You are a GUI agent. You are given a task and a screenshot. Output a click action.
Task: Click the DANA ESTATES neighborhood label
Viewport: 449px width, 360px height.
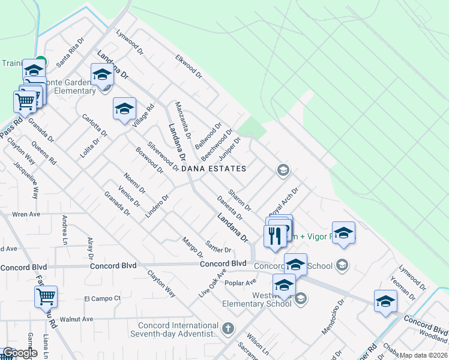(x=215, y=169)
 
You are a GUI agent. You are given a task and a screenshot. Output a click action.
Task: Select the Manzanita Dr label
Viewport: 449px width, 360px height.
(x=182, y=118)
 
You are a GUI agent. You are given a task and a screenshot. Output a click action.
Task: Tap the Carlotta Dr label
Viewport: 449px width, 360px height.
(x=95, y=125)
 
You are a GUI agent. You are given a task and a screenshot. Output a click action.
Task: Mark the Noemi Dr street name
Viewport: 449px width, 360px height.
(x=134, y=182)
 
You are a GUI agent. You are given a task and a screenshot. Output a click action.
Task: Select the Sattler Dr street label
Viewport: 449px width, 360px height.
(x=218, y=246)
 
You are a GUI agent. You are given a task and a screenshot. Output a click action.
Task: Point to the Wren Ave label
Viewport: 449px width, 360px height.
(x=26, y=214)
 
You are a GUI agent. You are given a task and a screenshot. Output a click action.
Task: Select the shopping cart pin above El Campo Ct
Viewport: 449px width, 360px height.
(x=46, y=296)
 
